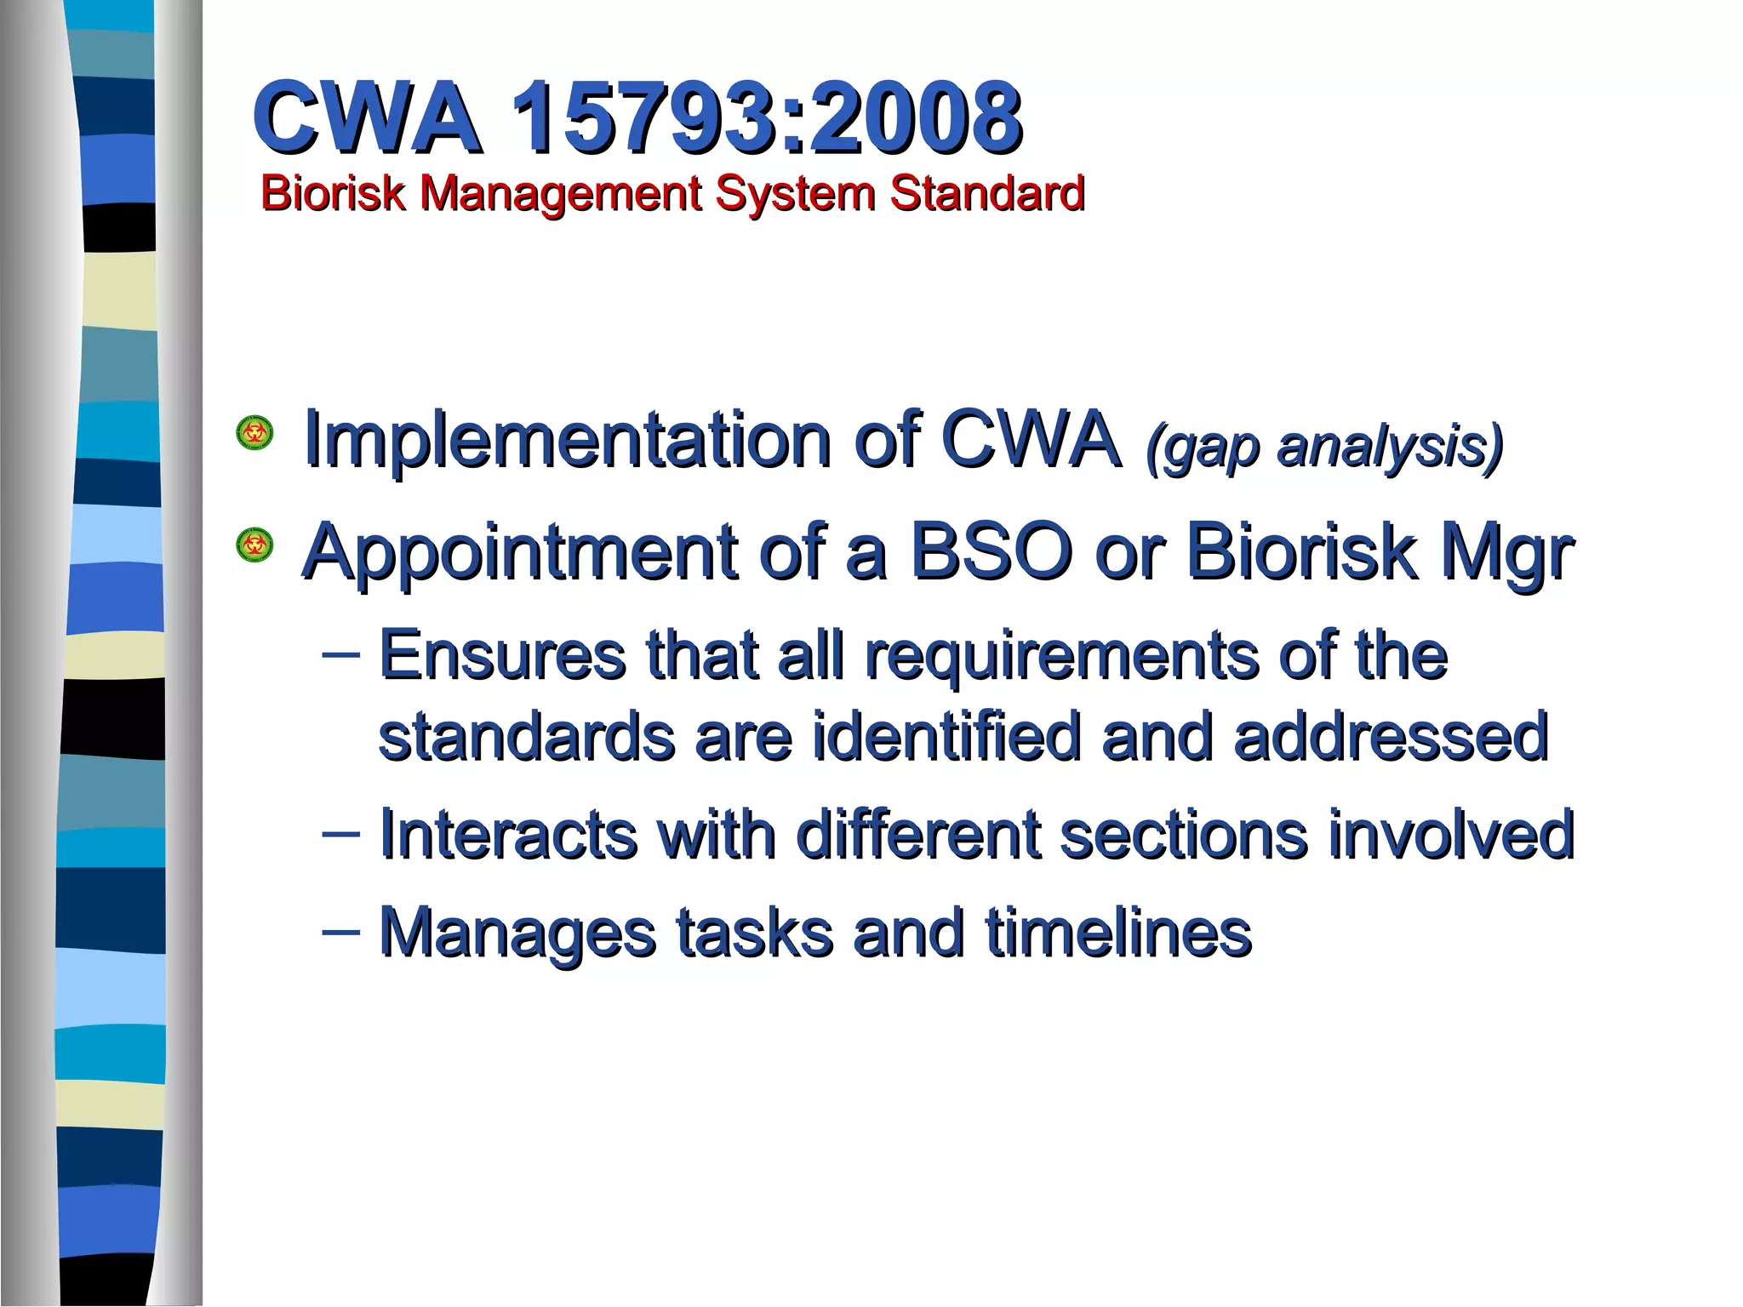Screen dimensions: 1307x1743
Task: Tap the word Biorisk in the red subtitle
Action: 333,193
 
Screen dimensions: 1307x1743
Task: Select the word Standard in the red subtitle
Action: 987,193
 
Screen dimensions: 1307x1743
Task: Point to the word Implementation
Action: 566,440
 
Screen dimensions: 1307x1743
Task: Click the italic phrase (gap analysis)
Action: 1324,446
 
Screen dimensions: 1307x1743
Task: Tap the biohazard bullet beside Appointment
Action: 254,545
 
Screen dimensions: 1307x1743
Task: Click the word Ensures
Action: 502,655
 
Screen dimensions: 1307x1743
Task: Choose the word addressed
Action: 1391,737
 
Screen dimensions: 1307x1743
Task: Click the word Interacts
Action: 508,835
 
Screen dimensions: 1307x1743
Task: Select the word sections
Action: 1183,835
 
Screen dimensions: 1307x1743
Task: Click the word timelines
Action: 1118,933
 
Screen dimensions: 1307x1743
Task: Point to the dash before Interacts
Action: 340,832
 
